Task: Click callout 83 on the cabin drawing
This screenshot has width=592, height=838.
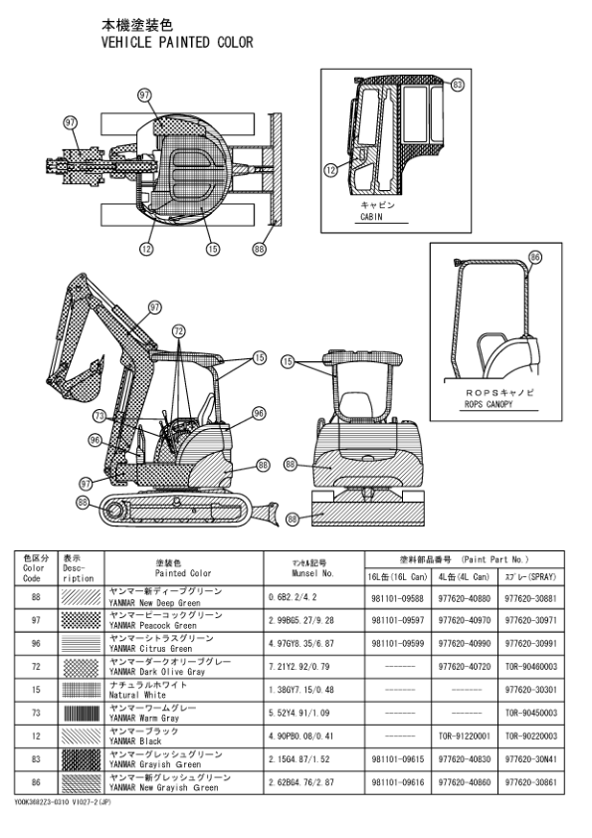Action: point(457,86)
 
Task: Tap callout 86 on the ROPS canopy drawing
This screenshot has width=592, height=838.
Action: point(535,257)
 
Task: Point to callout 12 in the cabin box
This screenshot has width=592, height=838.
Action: point(331,171)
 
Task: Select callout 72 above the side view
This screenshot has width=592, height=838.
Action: point(179,329)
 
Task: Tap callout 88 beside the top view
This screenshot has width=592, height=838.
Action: point(259,250)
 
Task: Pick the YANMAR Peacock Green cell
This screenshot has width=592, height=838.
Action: point(164,621)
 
